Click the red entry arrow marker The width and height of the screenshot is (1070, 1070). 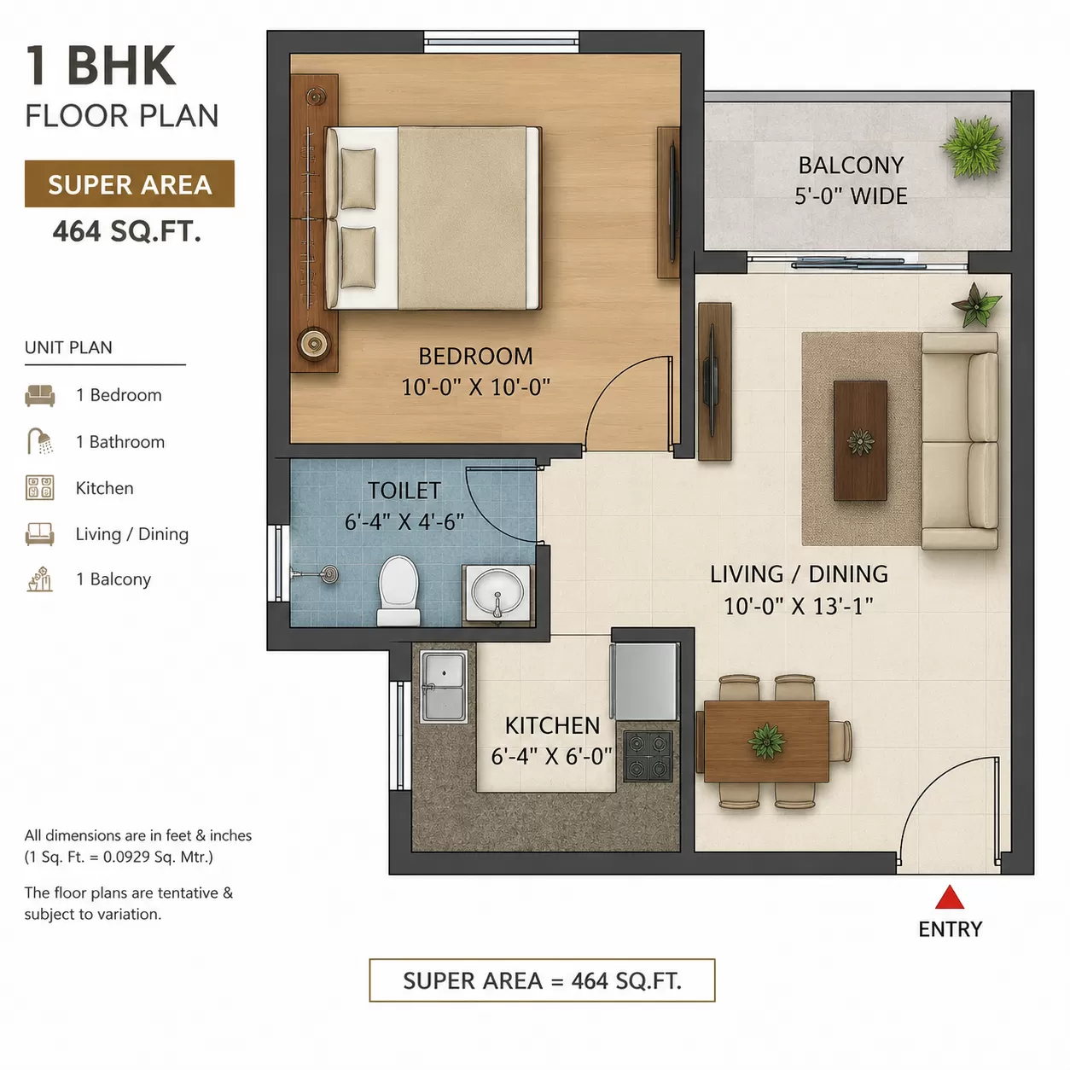click(x=949, y=898)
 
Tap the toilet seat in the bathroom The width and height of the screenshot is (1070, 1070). click(x=398, y=590)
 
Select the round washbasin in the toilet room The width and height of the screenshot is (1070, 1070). click(x=497, y=592)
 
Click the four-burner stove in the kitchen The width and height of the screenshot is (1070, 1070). click(x=648, y=756)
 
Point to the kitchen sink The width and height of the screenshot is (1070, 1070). click(x=443, y=686)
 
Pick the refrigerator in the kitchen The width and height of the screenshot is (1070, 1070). click(x=645, y=681)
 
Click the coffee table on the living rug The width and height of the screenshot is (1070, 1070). click(x=860, y=440)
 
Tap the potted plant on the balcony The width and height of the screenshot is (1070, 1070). click(x=973, y=147)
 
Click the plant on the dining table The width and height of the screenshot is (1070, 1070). click(x=766, y=740)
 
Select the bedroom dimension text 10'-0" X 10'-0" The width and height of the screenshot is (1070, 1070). click(x=475, y=387)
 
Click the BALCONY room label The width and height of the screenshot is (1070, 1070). click(x=851, y=165)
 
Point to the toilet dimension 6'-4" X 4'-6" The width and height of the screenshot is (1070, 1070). click(x=404, y=522)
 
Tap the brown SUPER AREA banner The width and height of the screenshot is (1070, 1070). click(x=130, y=183)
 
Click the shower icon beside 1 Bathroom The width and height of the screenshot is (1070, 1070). click(x=39, y=441)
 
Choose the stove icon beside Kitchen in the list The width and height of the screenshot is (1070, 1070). click(x=39, y=487)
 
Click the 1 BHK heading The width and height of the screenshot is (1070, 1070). click(x=101, y=66)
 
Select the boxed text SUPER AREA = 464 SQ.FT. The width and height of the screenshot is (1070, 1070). click(x=542, y=981)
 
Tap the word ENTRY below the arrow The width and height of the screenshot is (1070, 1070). click(x=950, y=929)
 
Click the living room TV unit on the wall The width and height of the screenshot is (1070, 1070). click(x=714, y=381)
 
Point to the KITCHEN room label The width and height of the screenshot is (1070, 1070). click(x=552, y=725)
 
